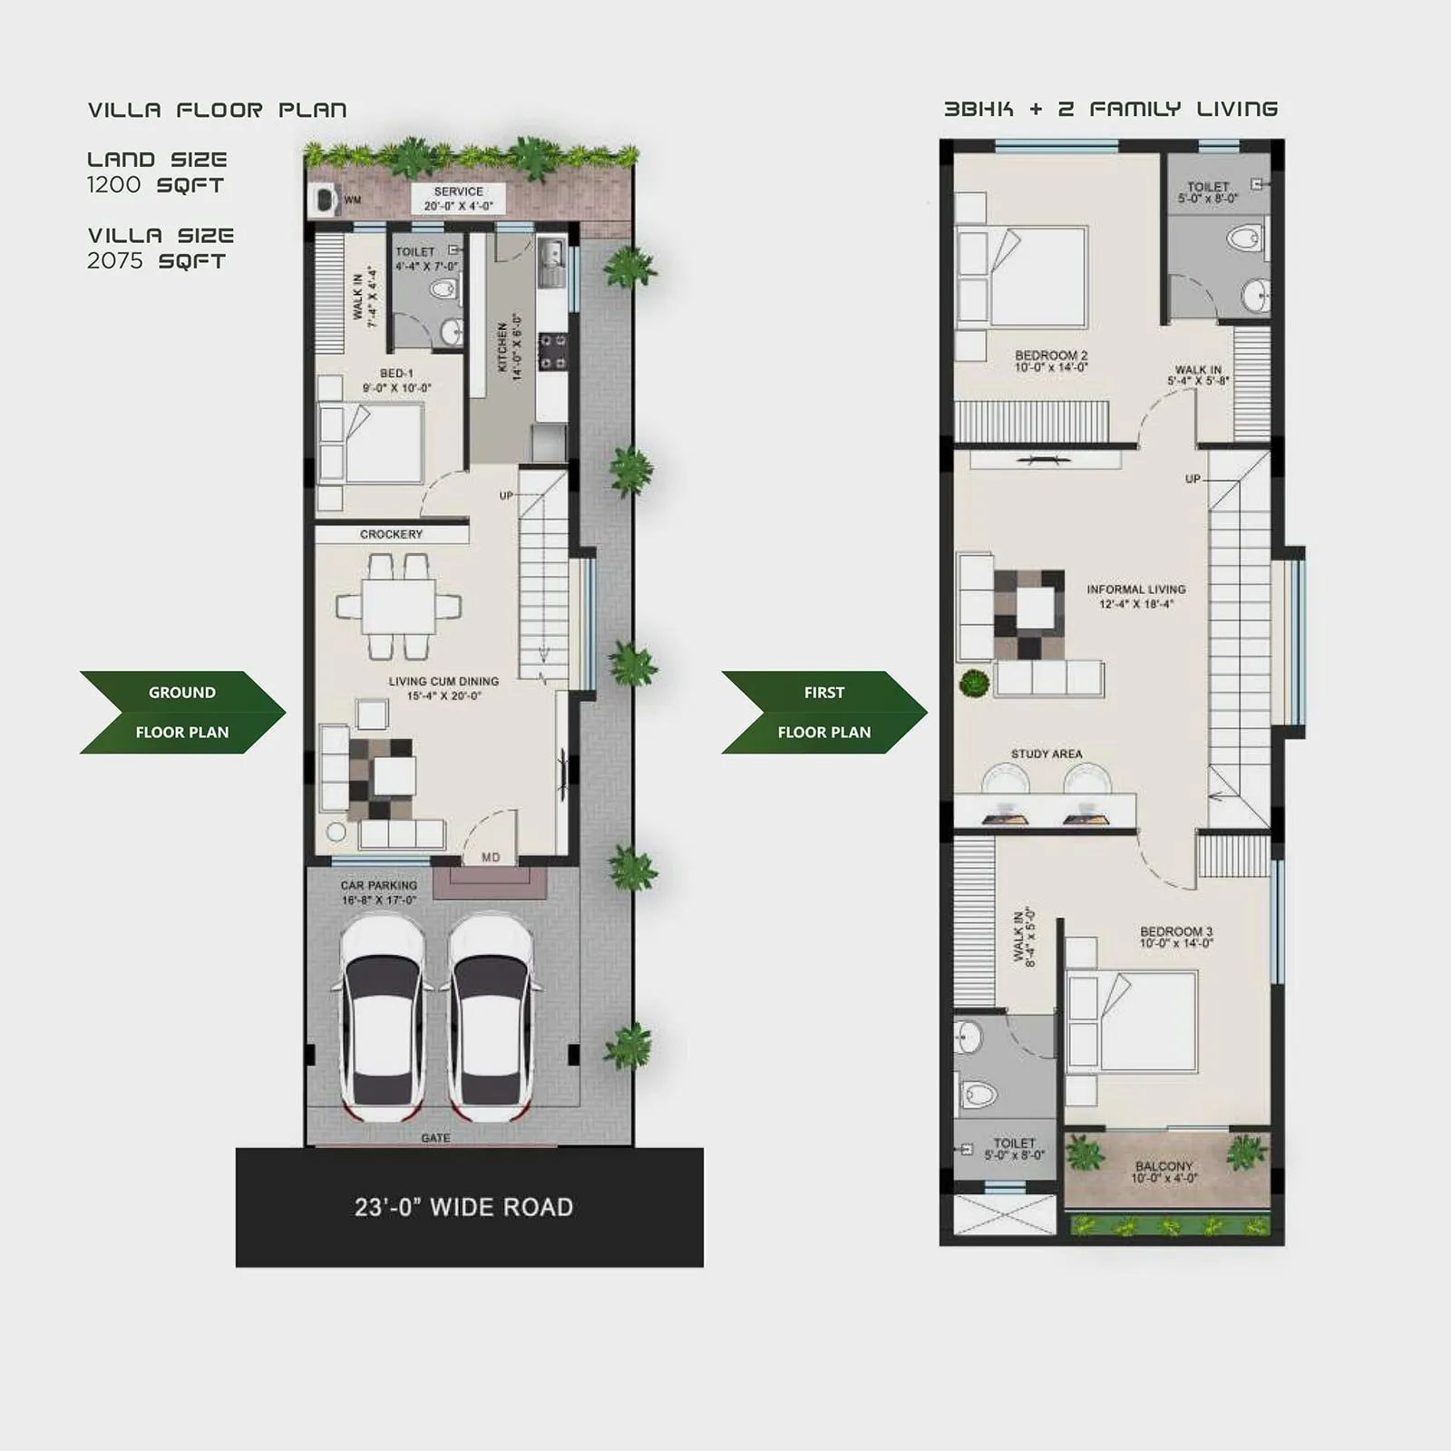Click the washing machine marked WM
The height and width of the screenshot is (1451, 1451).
(323, 200)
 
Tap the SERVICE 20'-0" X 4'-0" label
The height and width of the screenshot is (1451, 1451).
(458, 199)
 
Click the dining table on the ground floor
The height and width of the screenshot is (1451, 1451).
(398, 606)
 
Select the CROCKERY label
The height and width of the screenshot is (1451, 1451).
(391, 534)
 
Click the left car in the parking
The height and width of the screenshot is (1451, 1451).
(382, 1016)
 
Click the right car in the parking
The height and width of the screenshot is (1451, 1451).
(491, 1016)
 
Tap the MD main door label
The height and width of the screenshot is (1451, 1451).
(491, 857)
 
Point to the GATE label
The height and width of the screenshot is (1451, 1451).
(435, 1138)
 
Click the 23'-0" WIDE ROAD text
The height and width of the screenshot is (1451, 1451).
(463, 1207)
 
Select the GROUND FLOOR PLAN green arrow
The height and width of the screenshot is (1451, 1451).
(181, 712)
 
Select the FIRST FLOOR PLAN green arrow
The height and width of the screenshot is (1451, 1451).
(823, 712)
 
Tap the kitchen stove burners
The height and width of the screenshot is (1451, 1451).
(553, 351)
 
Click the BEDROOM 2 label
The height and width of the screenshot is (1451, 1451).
(1050, 361)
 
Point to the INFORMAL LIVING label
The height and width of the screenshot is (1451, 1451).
(1135, 596)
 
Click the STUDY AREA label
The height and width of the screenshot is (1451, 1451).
(1047, 754)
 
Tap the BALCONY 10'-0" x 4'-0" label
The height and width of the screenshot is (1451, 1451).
(1164, 1172)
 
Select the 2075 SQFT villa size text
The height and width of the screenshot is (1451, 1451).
(156, 261)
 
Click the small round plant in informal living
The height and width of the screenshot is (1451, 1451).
(974, 682)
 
